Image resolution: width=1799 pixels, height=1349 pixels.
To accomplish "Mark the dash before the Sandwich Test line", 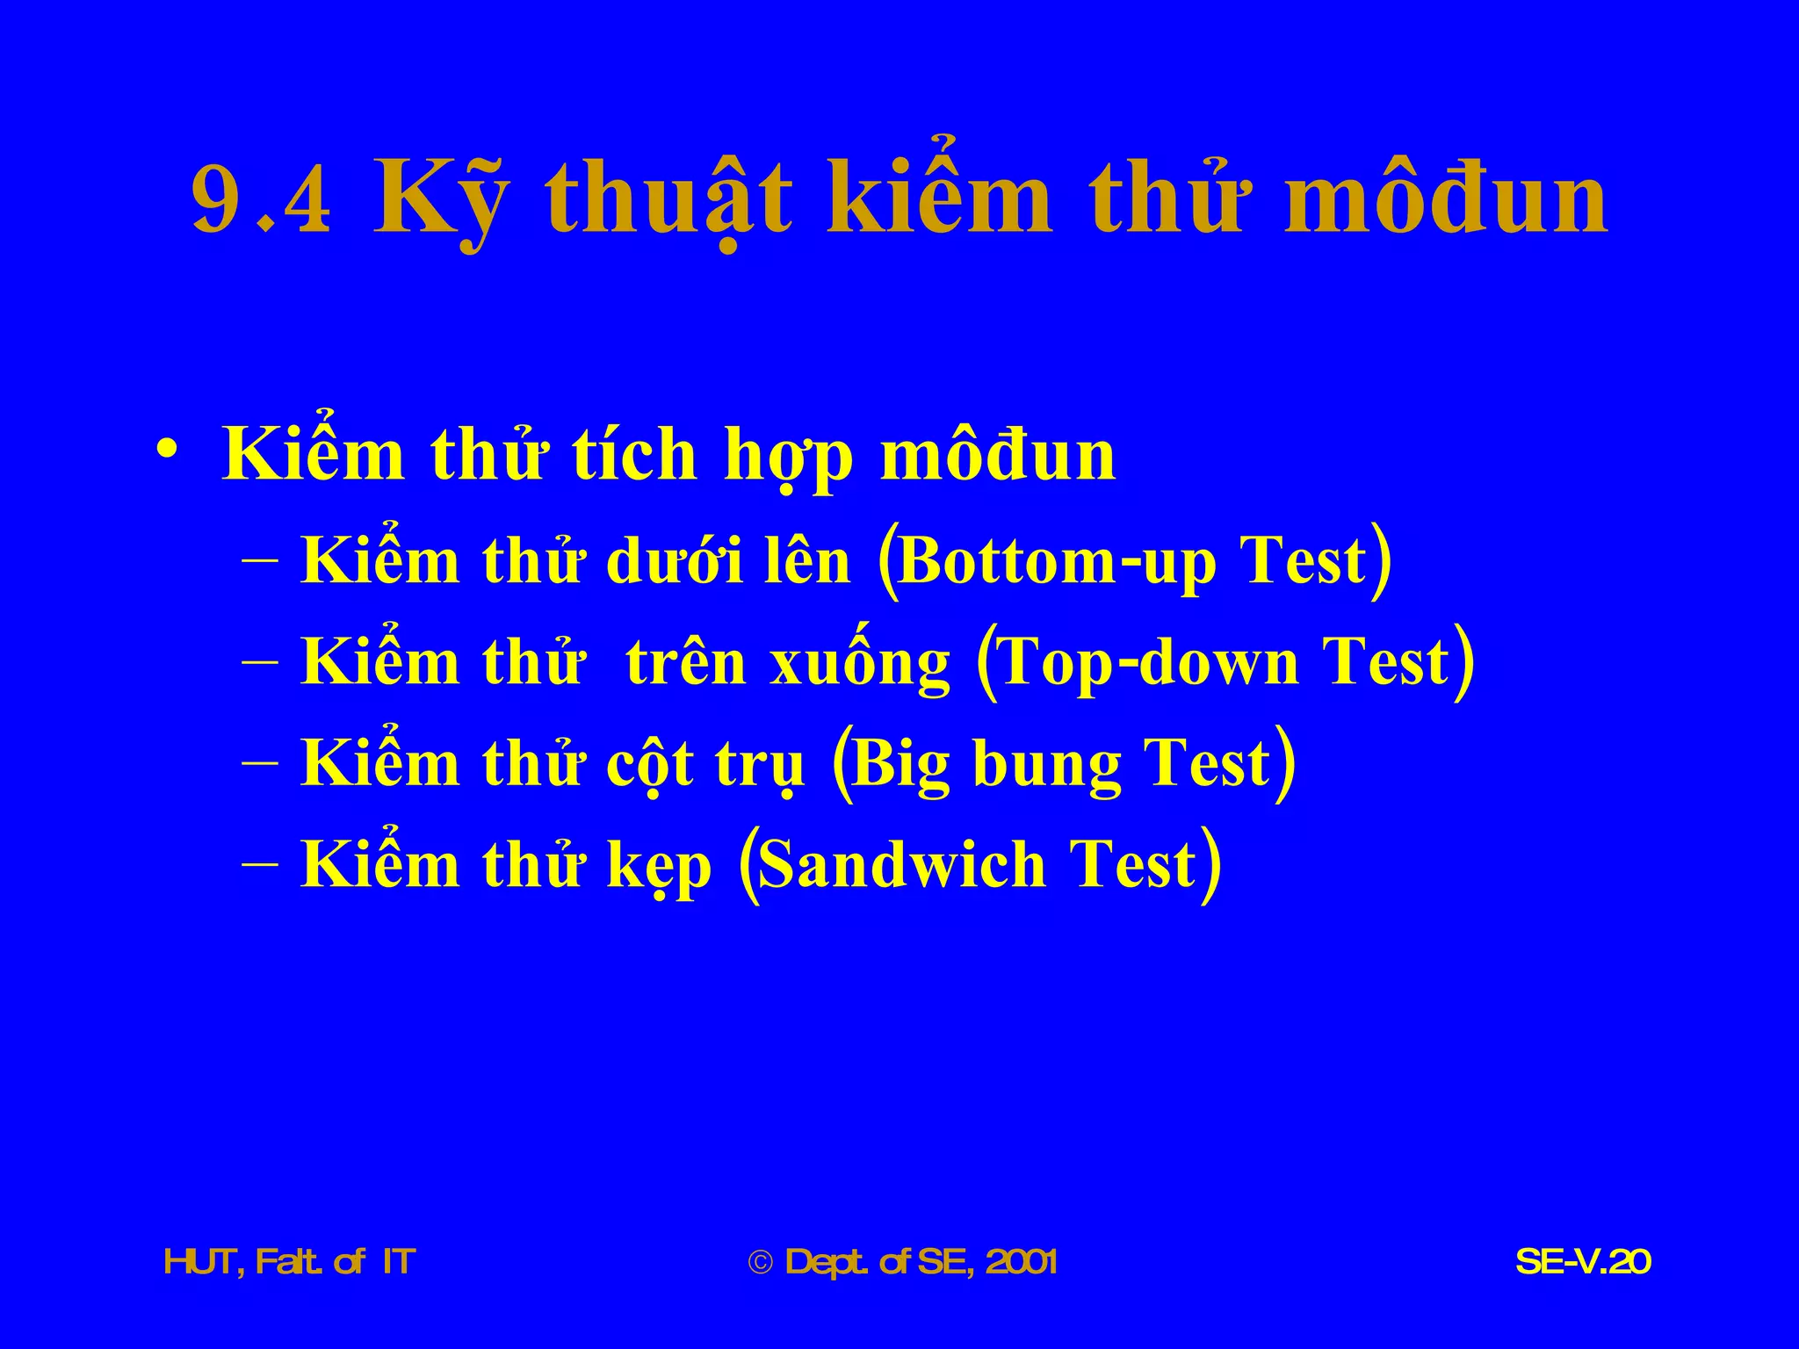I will tap(260, 864).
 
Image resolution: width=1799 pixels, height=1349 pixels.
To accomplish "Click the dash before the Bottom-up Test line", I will tap(260, 560).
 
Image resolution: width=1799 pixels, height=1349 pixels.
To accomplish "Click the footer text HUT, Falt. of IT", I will tap(289, 1262).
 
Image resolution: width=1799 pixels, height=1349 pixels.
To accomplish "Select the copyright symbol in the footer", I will tap(760, 1263).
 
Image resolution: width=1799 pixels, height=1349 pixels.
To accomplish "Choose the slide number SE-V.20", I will tap(1583, 1262).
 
